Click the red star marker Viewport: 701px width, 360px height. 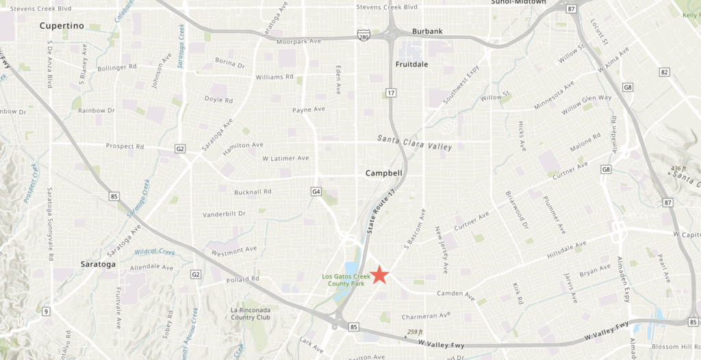(x=380, y=274)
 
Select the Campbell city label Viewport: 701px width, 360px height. (x=383, y=173)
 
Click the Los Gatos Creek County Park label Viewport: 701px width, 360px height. (x=344, y=280)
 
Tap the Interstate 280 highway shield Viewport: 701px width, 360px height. (x=361, y=34)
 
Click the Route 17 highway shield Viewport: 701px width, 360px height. (x=390, y=92)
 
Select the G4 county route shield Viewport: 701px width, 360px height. (x=316, y=191)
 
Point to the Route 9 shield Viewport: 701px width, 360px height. (x=46, y=312)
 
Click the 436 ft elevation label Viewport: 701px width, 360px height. (x=678, y=168)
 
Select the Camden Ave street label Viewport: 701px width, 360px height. (x=456, y=295)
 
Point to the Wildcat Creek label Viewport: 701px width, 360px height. (x=154, y=252)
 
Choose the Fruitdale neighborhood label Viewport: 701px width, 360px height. (x=412, y=64)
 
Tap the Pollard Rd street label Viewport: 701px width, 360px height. (x=244, y=279)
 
